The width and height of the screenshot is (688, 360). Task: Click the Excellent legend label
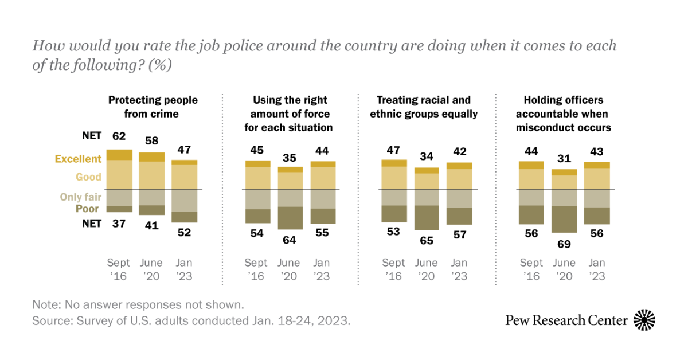[x=78, y=159]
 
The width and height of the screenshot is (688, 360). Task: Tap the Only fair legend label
[x=81, y=197]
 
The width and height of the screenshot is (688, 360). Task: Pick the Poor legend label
[x=88, y=209]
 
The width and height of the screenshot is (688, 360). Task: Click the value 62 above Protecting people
[x=119, y=136]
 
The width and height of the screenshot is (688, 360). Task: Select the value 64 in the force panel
[x=289, y=240]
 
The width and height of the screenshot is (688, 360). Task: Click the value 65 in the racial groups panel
[x=427, y=240]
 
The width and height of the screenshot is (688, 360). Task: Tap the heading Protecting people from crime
[x=153, y=107]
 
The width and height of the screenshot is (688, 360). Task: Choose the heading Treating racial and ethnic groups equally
[x=424, y=107]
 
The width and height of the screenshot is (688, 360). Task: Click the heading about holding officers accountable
[x=562, y=114]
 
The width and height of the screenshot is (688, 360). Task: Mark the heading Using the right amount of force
[x=288, y=114]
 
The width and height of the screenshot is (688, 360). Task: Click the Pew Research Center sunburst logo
[x=644, y=320]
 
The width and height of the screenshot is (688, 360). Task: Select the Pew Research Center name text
[x=566, y=320]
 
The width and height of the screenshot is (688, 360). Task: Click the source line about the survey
[x=191, y=320]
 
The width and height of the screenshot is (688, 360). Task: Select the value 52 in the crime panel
[x=185, y=232]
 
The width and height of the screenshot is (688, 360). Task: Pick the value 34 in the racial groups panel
[x=427, y=156]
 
